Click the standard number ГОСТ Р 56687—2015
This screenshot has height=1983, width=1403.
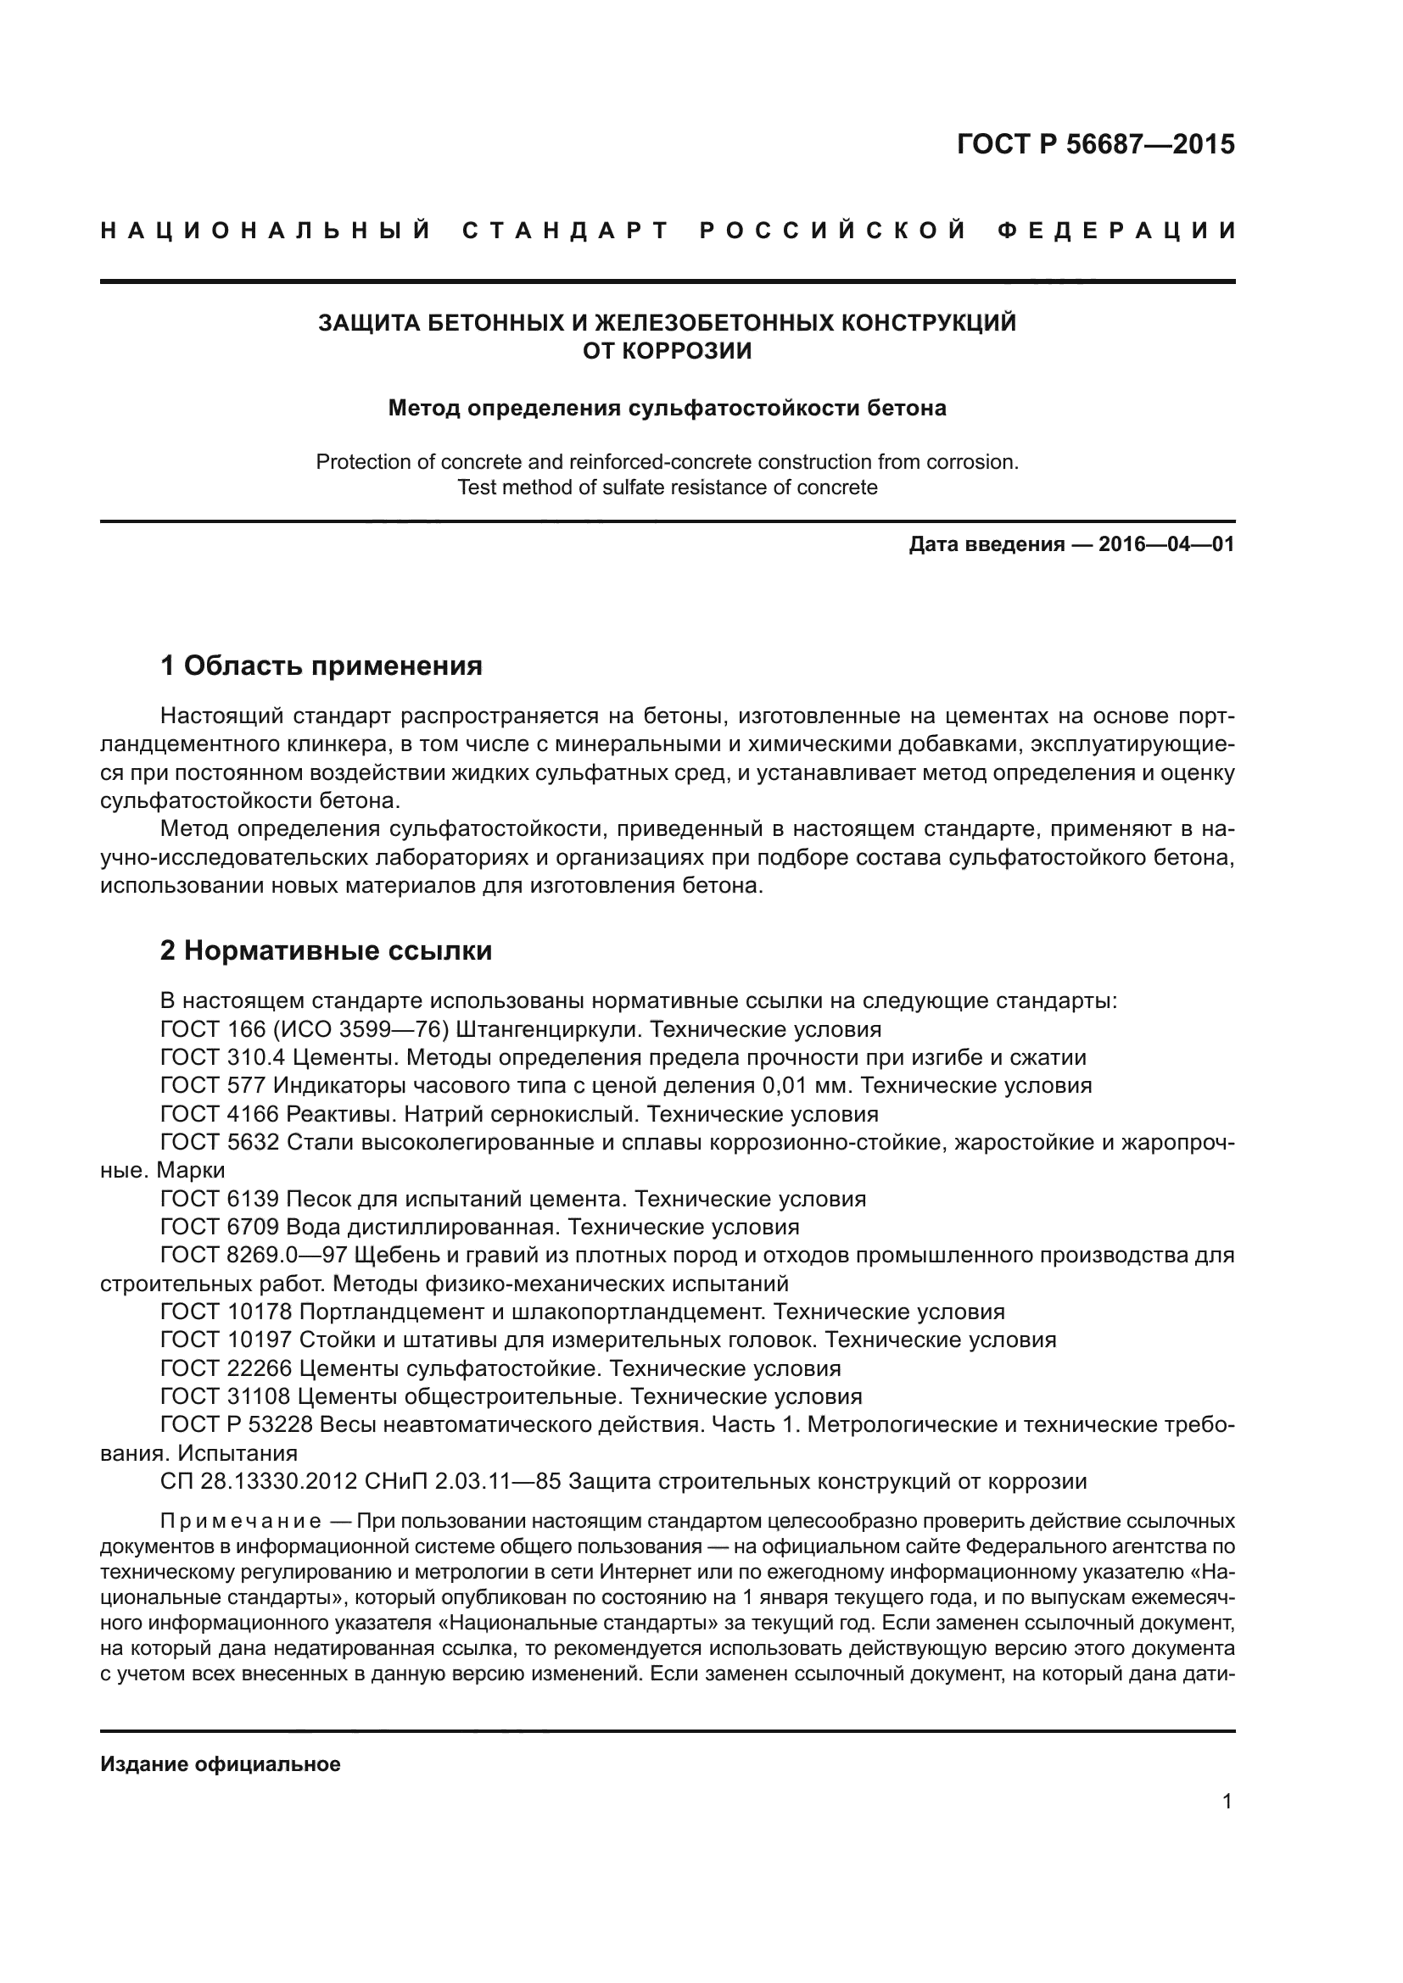tap(1095, 144)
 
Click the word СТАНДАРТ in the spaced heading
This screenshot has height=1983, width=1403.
tap(566, 231)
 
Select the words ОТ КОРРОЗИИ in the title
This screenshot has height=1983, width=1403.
tap(667, 351)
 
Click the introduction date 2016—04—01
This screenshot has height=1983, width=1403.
tap(1166, 545)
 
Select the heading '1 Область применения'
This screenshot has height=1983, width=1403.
tap(321, 665)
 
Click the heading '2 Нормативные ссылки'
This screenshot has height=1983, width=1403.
tap(327, 950)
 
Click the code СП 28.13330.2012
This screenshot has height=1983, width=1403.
tap(259, 1481)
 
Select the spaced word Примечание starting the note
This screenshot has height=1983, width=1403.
tap(241, 1521)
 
